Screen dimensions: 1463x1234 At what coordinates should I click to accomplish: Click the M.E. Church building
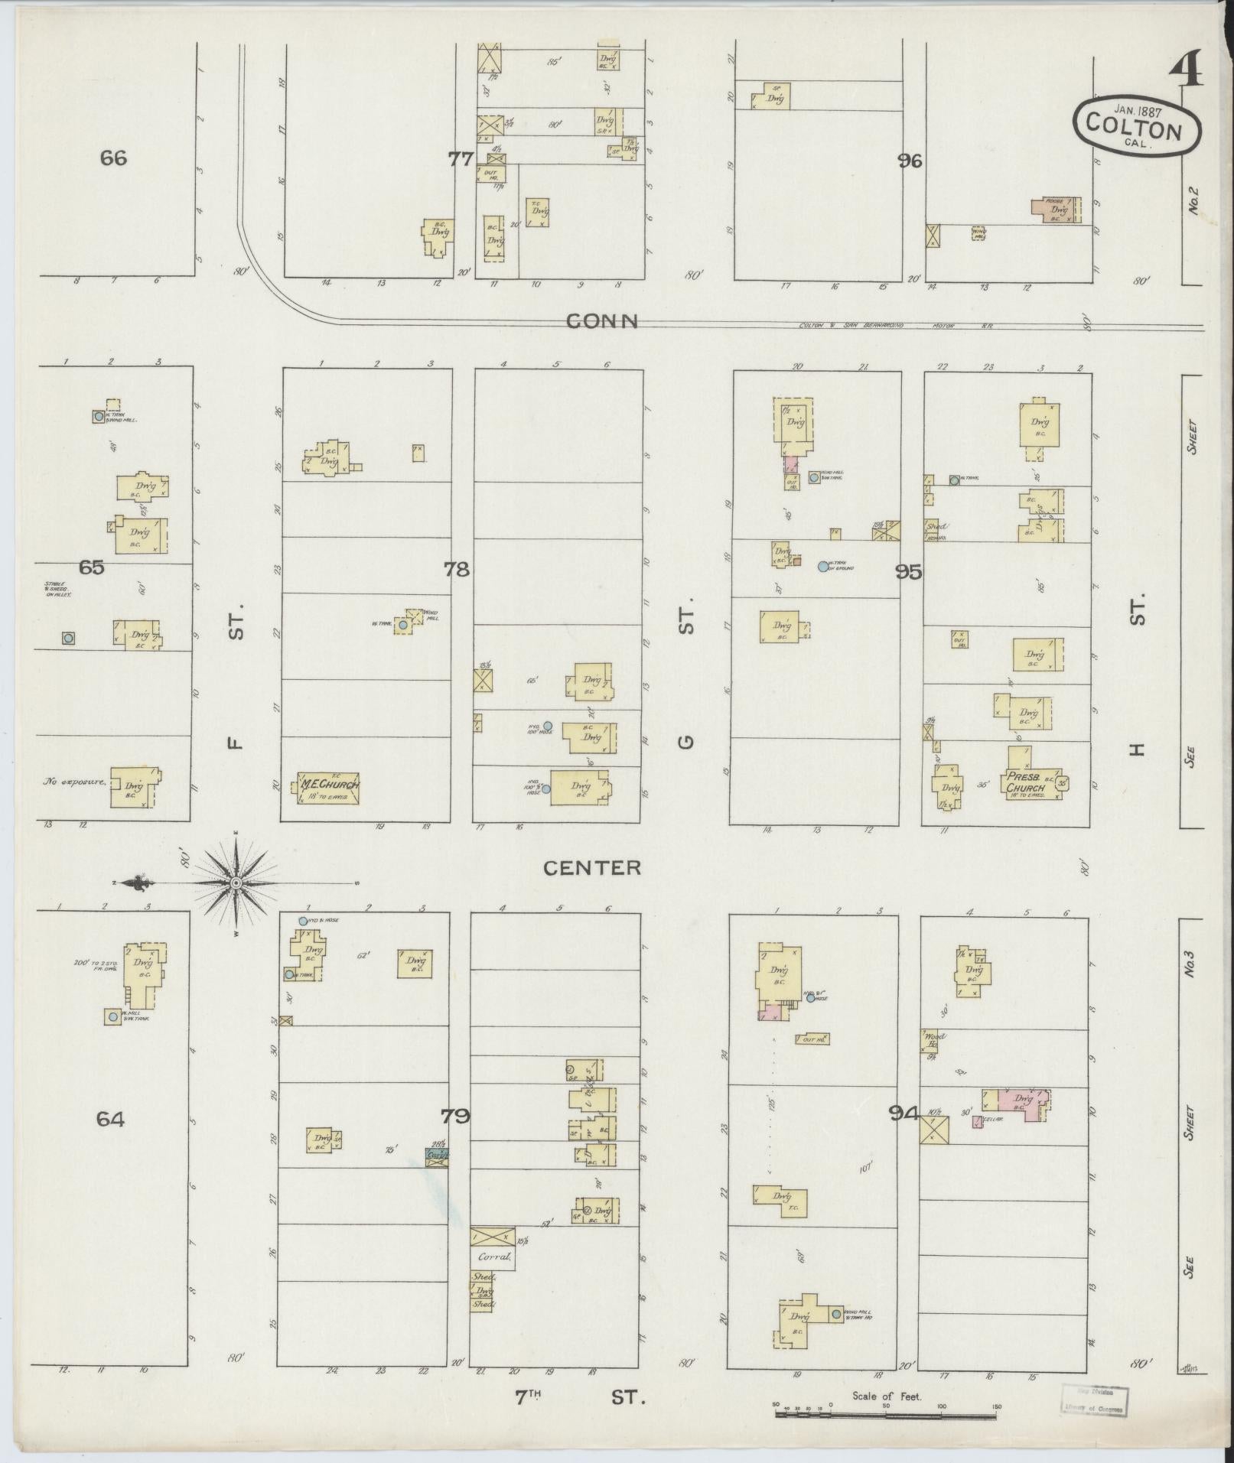tap(327, 788)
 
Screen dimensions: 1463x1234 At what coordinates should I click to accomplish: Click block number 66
tap(113, 158)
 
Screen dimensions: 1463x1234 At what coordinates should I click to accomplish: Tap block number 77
tap(461, 159)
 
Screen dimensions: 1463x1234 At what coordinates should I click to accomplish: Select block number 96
tap(910, 161)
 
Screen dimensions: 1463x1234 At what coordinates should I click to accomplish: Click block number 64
tap(110, 1119)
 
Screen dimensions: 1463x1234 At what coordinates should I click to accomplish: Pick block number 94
tap(904, 1114)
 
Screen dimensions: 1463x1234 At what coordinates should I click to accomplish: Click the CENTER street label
tap(591, 867)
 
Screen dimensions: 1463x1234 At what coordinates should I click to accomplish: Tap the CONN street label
tap(601, 322)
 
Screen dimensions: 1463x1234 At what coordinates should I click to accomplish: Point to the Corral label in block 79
tap(493, 1256)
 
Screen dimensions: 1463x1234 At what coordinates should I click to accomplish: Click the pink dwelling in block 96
tap(1054, 210)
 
